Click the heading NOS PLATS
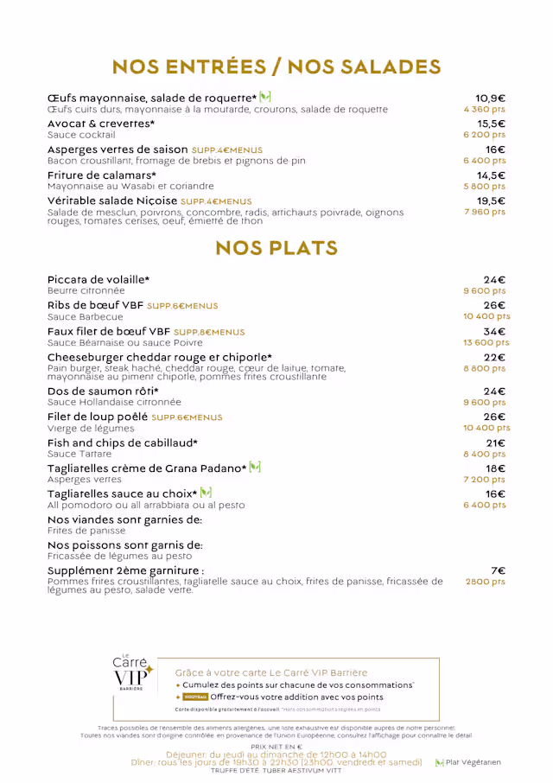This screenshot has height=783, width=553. pos(276,248)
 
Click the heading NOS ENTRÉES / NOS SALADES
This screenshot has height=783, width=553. pos(276,67)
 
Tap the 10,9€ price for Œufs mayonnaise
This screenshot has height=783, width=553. pos(490,99)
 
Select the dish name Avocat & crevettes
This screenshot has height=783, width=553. pos(101,124)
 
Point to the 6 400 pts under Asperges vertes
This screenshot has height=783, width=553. pos(484,161)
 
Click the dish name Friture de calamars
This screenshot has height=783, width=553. pos(101,175)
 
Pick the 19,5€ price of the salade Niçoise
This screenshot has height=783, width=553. pos(491,201)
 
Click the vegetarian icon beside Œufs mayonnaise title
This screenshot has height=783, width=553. pos(265,97)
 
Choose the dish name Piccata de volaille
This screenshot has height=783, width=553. pos(99,280)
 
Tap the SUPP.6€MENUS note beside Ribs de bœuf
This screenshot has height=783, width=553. pos(182,306)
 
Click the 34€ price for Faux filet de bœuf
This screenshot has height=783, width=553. pos(494,331)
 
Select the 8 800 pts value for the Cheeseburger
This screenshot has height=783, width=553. pos(484,368)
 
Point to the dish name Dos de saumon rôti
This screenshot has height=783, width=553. pos(103,391)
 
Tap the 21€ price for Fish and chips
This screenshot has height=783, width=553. pos(495,443)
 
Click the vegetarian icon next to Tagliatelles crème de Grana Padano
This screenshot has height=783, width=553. pos(255,468)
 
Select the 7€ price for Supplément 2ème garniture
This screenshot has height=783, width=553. pos(498,570)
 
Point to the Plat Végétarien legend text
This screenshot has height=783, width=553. pos(473,762)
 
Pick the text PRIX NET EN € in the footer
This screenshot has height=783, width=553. pos(276,746)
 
